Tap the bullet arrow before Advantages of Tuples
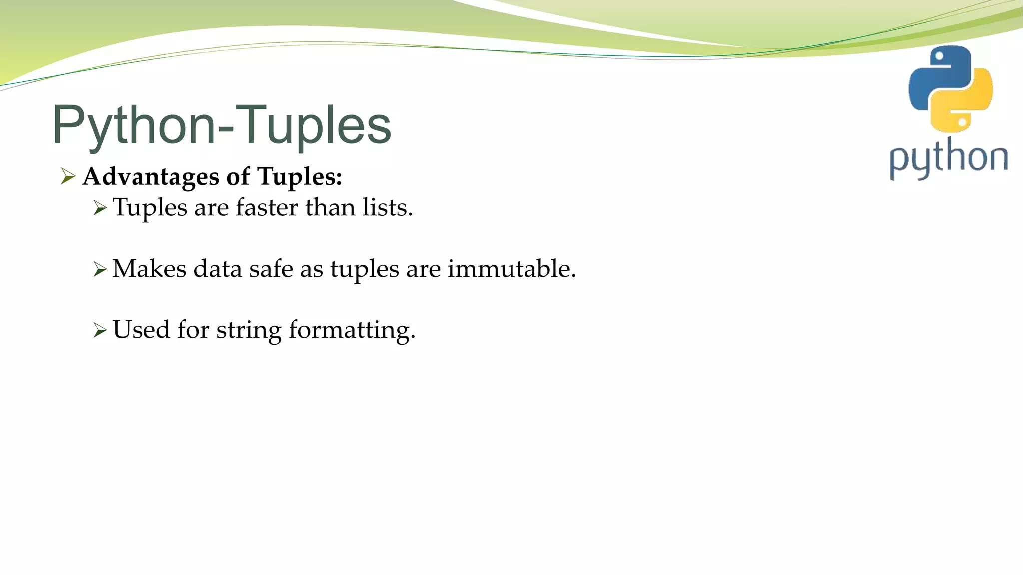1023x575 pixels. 68,176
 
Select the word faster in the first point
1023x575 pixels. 267,207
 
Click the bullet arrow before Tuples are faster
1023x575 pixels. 100,208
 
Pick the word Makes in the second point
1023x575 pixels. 149,269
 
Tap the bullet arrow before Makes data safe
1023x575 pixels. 100,270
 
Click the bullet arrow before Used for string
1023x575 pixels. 100,330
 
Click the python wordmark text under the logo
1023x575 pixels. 948,159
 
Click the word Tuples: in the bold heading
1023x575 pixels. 300,176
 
